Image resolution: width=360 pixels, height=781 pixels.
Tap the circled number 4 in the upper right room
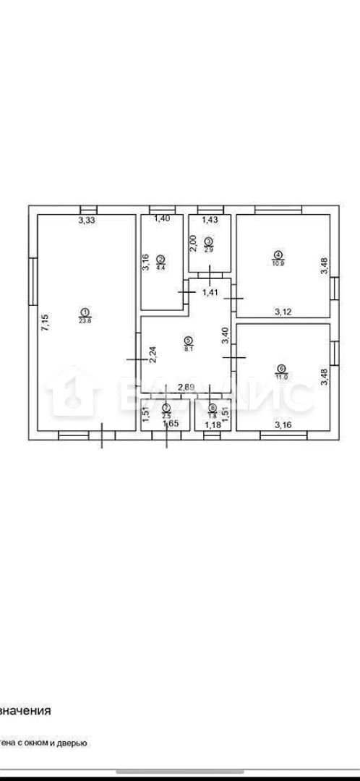pyautogui.click(x=278, y=254)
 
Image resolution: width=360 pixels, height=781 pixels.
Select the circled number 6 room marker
pyautogui.click(x=281, y=367)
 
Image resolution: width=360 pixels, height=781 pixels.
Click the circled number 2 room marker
pyautogui.click(x=161, y=257)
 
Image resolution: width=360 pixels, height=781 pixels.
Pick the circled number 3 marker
pyautogui.click(x=209, y=242)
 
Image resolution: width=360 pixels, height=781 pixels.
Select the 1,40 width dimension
pyautogui.click(x=162, y=218)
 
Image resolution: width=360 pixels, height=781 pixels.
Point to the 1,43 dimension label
pyautogui.click(x=210, y=220)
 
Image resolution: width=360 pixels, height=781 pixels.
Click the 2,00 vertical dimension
pyautogui.click(x=194, y=244)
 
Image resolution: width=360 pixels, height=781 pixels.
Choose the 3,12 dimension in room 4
pyautogui.click(x=283, y=312)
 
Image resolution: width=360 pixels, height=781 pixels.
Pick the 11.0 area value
pyautogui.click(x=281, y=375)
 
